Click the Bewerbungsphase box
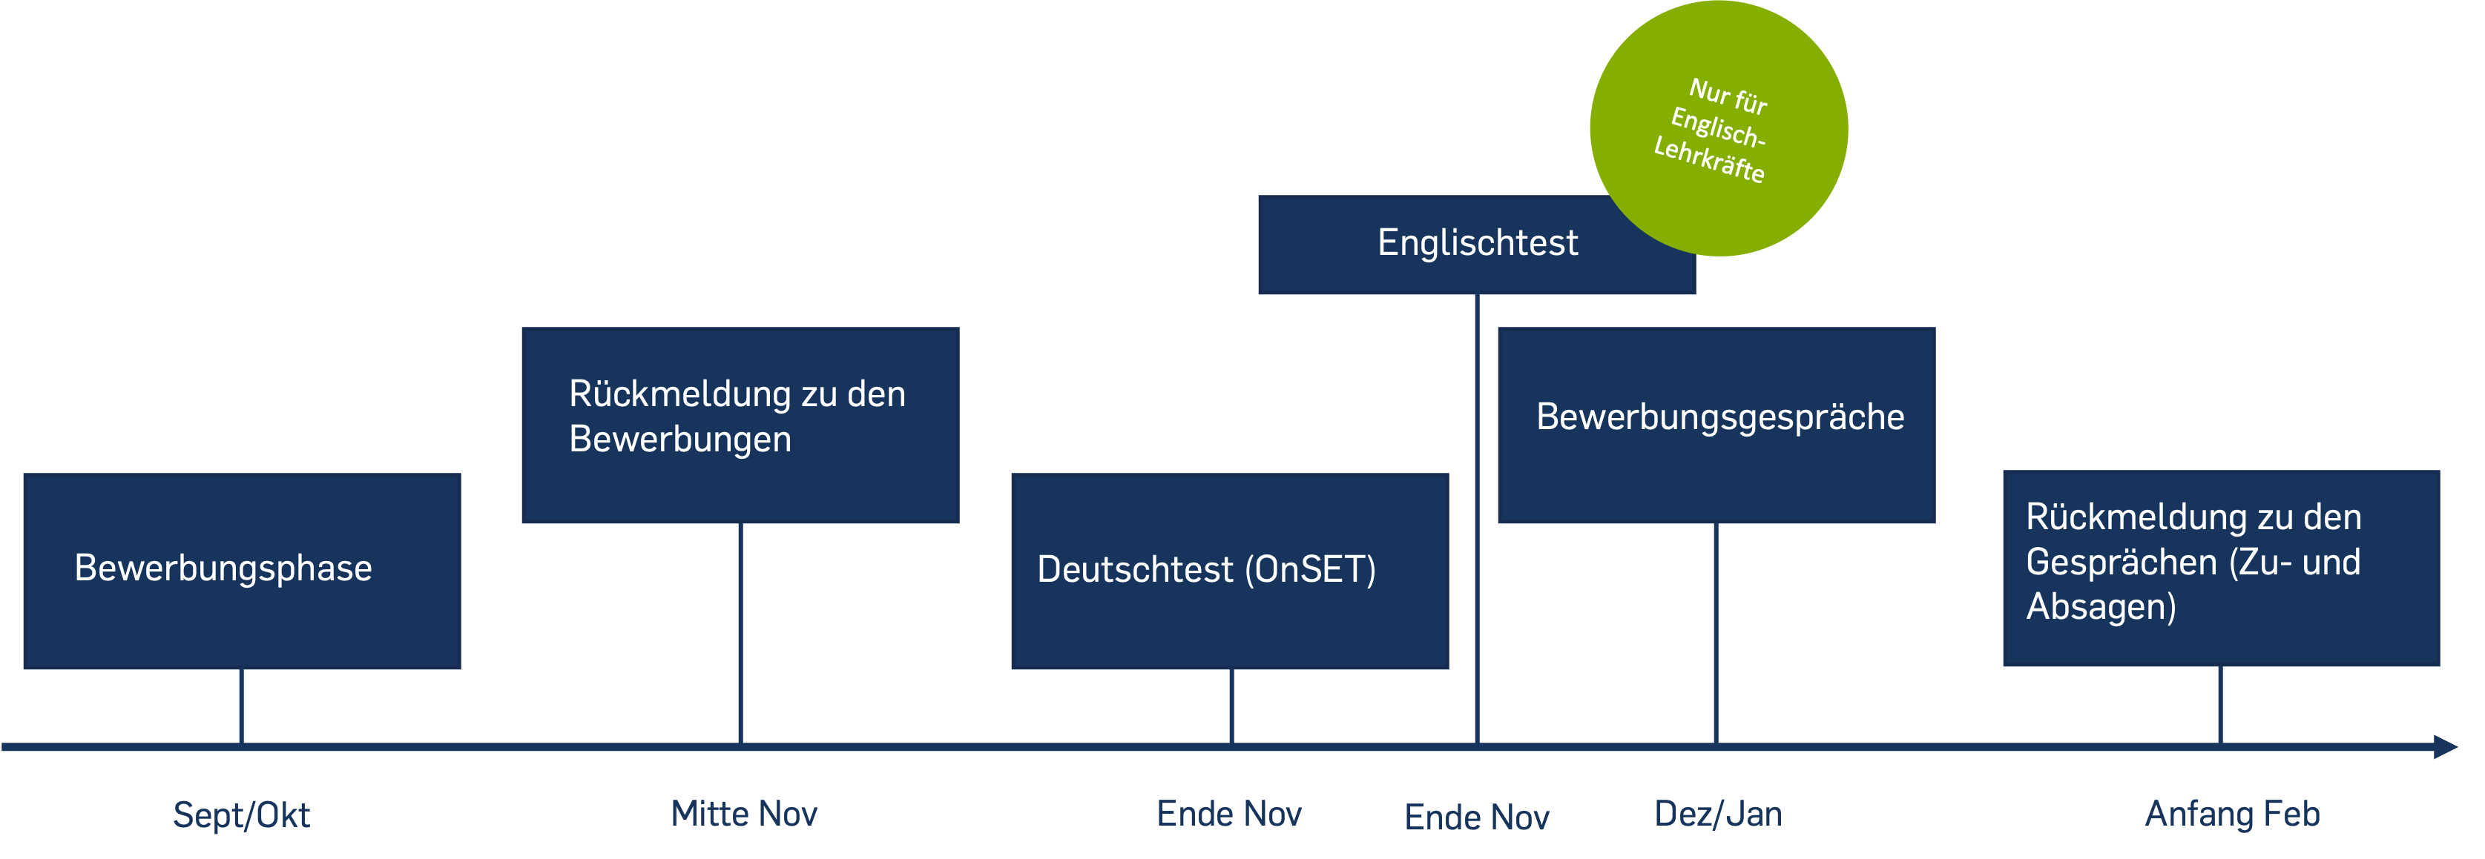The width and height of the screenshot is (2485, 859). [241, 571]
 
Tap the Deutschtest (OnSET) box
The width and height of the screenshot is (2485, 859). [1229, 571]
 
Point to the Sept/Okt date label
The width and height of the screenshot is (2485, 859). [241, 815]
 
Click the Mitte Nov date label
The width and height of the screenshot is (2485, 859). [744, 815]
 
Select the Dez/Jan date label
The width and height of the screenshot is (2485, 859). [1718, 815]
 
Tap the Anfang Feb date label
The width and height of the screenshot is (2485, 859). [2231, 815]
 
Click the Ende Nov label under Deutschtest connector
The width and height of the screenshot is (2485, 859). [1229, 815]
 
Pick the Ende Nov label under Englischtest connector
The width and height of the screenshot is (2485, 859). [1477, 817]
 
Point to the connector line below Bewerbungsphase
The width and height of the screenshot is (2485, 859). [241, 706]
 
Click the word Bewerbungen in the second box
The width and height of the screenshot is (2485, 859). [680, 440]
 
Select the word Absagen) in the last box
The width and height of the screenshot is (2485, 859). [2101, 607]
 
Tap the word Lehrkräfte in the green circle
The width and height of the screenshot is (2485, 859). [1708, 160]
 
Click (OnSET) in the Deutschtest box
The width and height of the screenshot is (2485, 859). [1310, 570]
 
